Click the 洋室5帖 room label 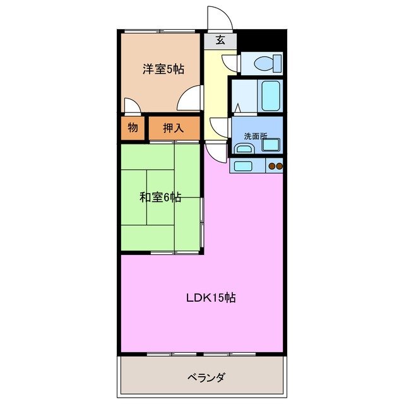[x=163, y=69]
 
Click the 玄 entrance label [x=220, y=40]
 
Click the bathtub [x=271, y=95]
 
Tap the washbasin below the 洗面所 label [x=243, y=149]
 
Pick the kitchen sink [x=243, y=167]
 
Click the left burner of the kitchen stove [x=271, y=167]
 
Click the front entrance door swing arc [x=221, y=18]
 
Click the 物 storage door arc [x=132, y=106]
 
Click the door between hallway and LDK [x=217, y=152]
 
